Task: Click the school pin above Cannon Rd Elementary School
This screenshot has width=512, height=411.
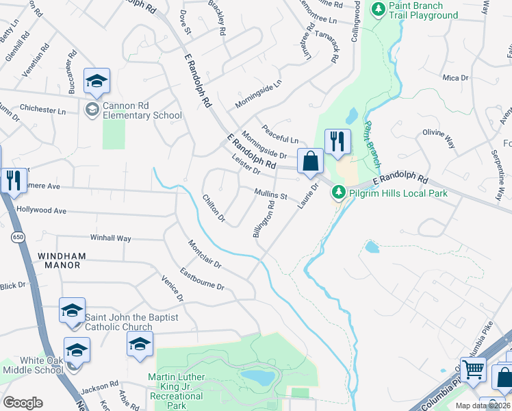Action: pos(97,82)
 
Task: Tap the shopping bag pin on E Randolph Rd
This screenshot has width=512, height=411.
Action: pos(310,162)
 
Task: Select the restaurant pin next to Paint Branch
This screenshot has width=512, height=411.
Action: pos(337,142)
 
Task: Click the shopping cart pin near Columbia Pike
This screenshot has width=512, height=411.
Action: pos(473,371)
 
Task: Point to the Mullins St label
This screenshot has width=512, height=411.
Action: pos(270,195)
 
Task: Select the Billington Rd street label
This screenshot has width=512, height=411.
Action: pos(264,219)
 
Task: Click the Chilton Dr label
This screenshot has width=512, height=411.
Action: pos(214,208)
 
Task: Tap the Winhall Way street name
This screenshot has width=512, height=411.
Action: pos(111,238)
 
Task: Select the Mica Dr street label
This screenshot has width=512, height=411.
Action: pos(455,78)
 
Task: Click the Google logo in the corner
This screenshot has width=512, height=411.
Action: pos(23,402)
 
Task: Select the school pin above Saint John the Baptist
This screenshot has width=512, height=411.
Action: pos(71,310)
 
